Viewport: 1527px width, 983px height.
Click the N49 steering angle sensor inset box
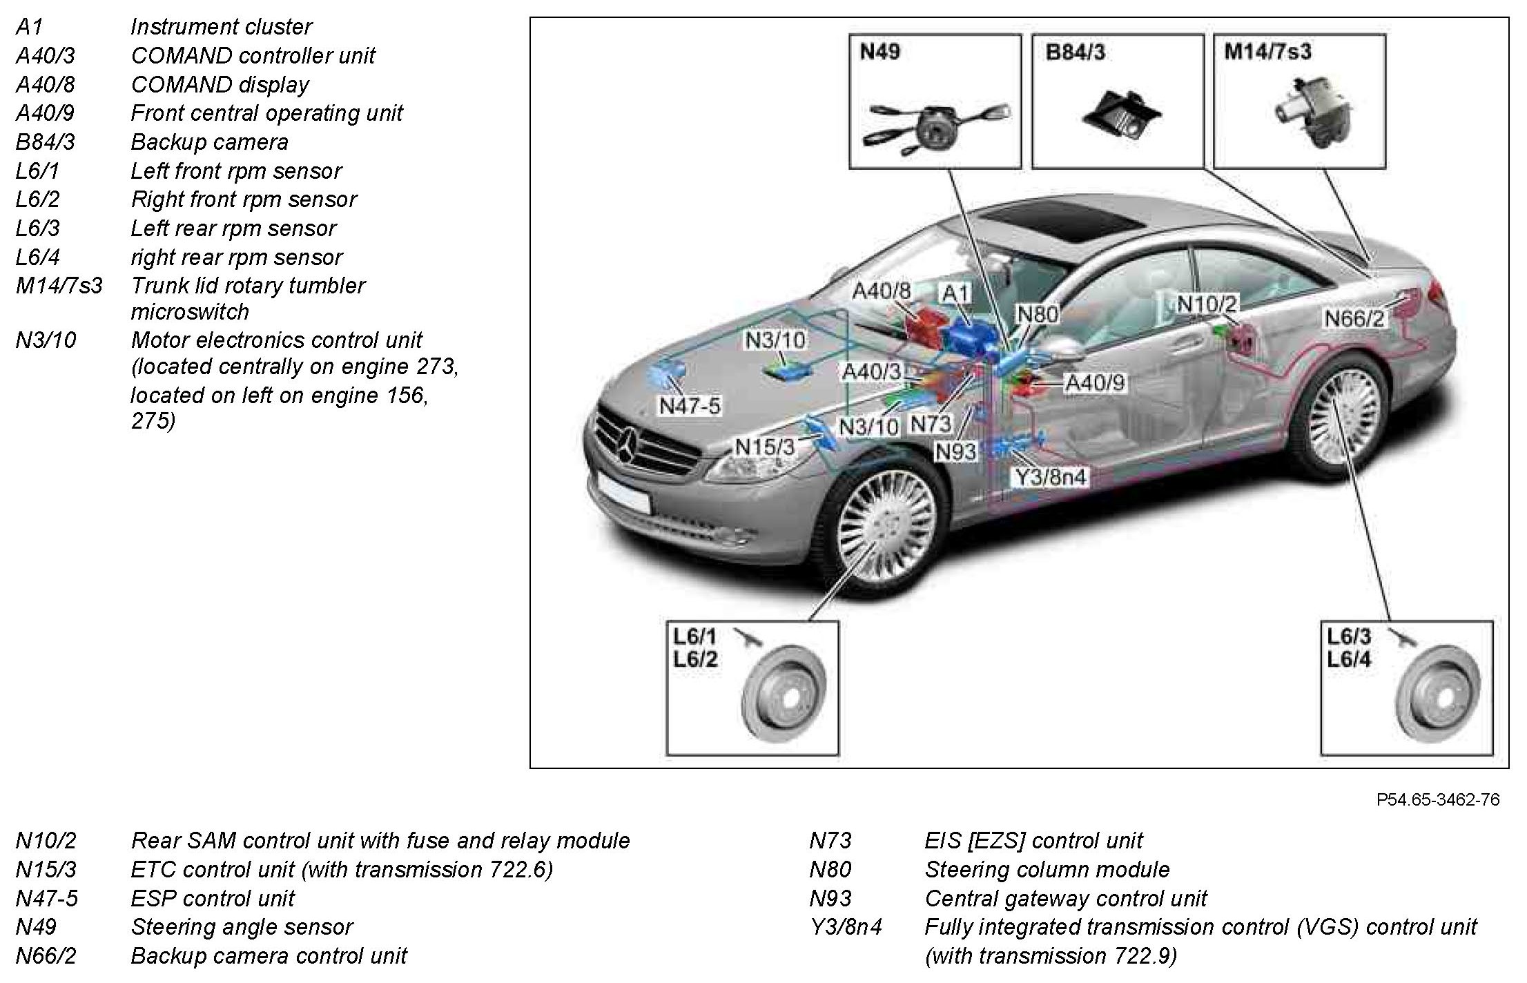pos(935,101)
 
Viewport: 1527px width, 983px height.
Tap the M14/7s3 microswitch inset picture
pos(1299,101)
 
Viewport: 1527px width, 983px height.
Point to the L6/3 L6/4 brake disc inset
pos(1406,687)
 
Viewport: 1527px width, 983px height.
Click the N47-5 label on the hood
pos(689,406)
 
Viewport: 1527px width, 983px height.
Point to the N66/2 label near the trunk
pos(1354,319)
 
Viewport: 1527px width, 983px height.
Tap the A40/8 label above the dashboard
pos(882,291)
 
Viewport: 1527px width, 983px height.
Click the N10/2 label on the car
pos(1207,304)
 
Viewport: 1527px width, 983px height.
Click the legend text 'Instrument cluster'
pos(221,27)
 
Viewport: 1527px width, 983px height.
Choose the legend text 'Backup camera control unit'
pos(269,956)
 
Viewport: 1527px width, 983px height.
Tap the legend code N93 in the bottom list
pos(830,898)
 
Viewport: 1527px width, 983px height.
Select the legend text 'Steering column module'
pos(1047,869)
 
